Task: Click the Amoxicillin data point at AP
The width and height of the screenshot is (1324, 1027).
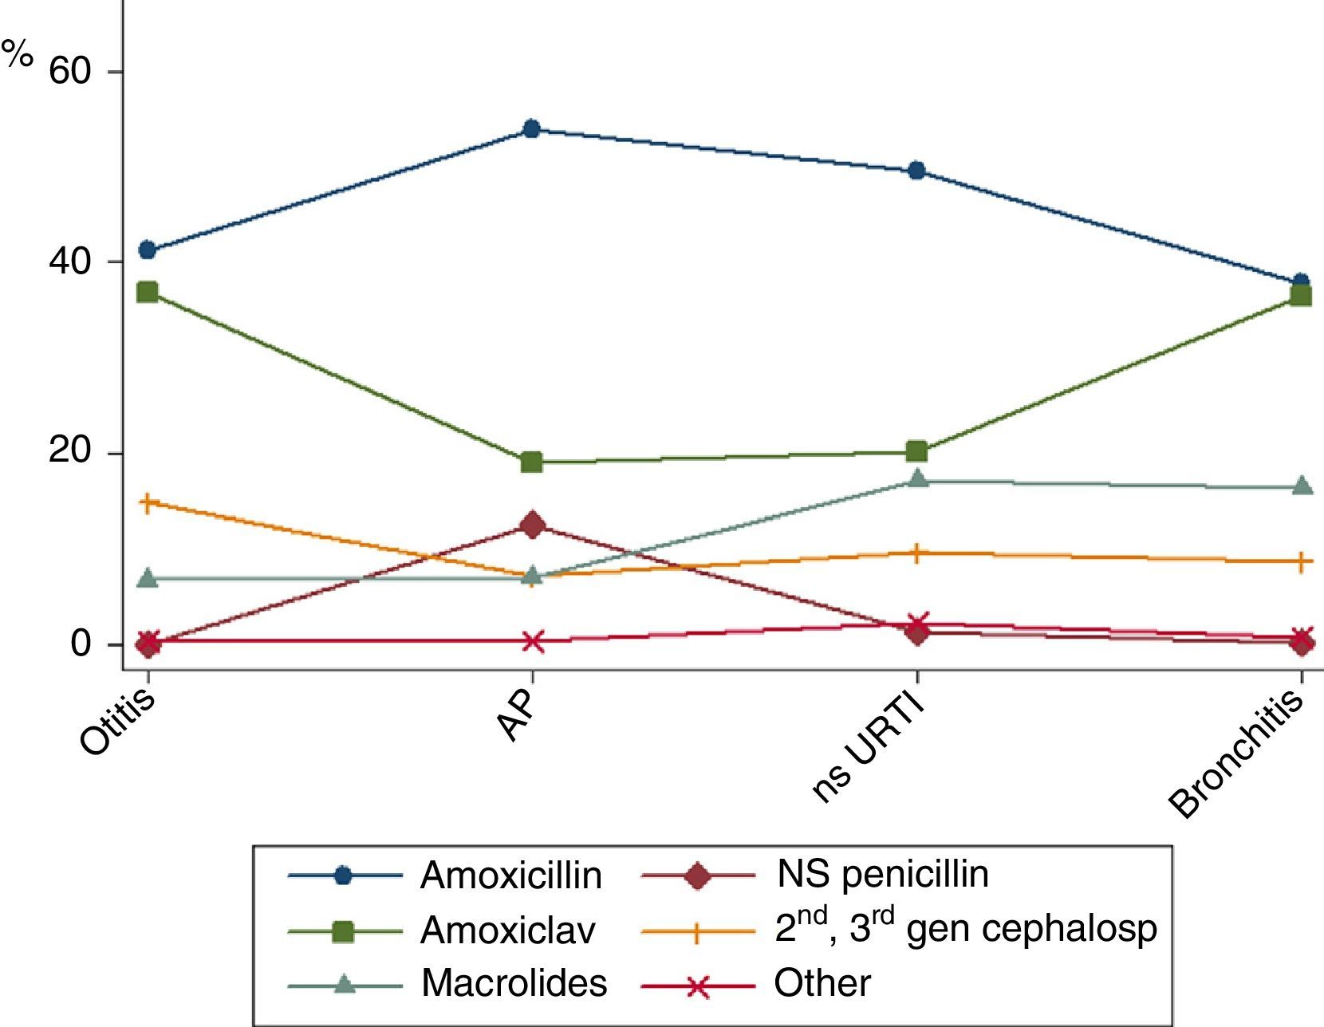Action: pos(532,129)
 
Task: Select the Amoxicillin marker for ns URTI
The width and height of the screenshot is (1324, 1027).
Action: pos(917,171)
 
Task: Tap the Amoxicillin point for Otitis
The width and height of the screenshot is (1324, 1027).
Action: pos(148,250)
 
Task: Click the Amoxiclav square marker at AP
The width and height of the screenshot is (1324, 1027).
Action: pos(532,462)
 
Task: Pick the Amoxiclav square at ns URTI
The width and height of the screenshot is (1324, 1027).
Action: pos(917,452)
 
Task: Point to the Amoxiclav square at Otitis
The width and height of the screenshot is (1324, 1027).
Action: pos(148,292)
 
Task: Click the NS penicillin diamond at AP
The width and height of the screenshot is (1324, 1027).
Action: pos(532,525)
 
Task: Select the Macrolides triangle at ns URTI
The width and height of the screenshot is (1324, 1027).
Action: pos(917,479)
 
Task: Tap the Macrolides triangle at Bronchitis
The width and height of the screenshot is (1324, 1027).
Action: pos(1302,486)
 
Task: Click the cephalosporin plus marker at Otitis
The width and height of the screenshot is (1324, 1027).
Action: pos(148,502)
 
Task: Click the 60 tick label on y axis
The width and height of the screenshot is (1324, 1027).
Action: pos(70,72)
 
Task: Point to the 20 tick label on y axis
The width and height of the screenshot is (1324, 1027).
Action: pos(70,452)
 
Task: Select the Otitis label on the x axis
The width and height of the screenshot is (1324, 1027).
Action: pos(118,723)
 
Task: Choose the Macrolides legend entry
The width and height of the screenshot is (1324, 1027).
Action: pos(514,983)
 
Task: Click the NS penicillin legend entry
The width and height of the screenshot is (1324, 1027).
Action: pos(882,875)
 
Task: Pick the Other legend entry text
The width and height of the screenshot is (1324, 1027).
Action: pos(822,983)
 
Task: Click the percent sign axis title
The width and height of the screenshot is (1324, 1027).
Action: pos(17,56)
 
